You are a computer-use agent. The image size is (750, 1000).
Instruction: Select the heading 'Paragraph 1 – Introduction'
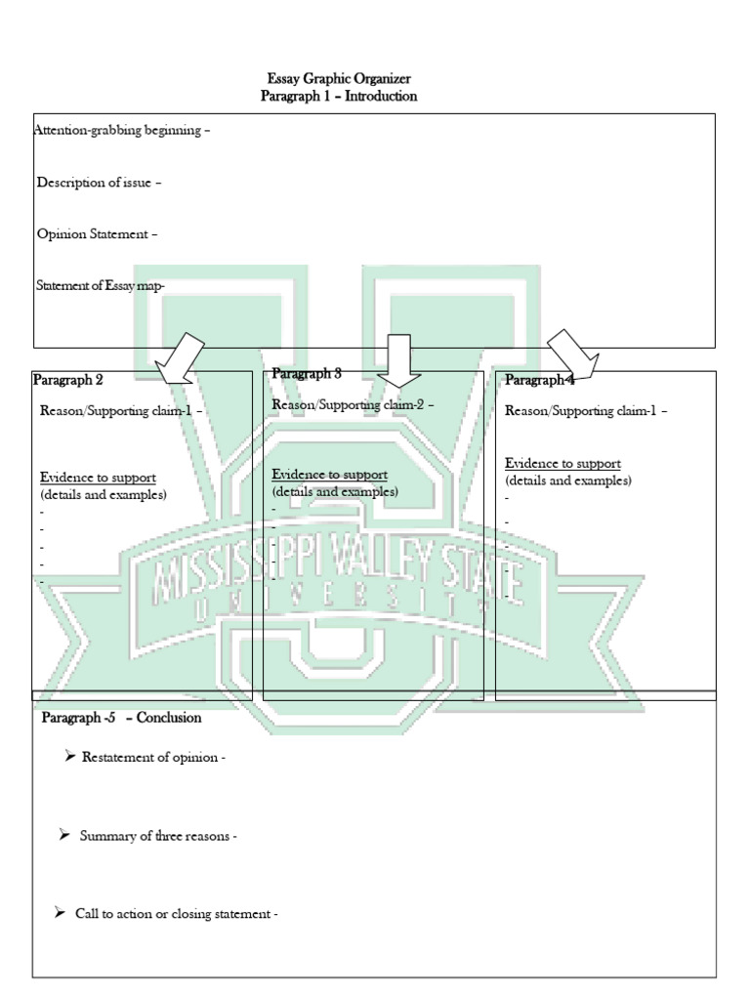click(x=338, y=96)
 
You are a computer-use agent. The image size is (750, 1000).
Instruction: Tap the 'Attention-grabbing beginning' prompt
click(x=122, y=130)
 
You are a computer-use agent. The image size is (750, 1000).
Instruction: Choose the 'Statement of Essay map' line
click(x=101, y=285)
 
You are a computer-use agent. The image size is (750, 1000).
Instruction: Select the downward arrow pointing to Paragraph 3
click(x=397, y=358)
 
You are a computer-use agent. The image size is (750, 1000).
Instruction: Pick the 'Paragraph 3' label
click(x=307, y=373)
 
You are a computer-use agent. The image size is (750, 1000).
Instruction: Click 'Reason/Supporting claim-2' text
click(x=353, y=404)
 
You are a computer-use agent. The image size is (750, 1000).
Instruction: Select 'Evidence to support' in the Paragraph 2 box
click(x=98, y=478)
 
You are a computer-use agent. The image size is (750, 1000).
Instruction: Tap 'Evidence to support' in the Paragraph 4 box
click(x=562, y=463)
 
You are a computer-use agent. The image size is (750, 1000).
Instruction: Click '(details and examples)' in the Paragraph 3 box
click(x=335, y=491)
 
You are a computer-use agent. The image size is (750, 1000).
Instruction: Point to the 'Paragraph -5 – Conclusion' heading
click(x=122, y=718)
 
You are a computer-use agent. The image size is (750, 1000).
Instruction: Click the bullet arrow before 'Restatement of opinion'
click(x=70, y=757)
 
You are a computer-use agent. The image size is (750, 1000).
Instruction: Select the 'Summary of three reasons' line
click(x=158, y=836)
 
